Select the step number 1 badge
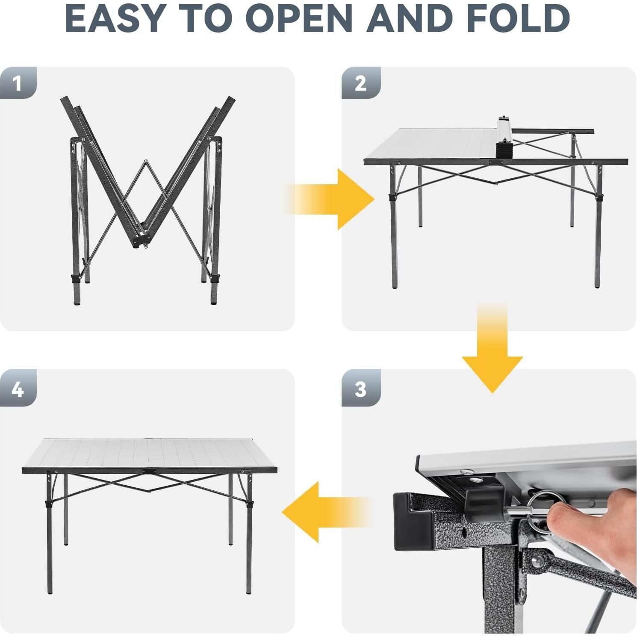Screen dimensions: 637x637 18,83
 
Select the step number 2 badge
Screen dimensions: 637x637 361,83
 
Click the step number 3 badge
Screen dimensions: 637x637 361,388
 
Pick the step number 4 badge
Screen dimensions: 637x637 18,388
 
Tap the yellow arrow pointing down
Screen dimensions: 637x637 492,355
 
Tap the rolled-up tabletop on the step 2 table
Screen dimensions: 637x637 504,137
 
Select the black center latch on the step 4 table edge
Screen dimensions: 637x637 150,471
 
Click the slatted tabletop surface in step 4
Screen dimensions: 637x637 150,453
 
